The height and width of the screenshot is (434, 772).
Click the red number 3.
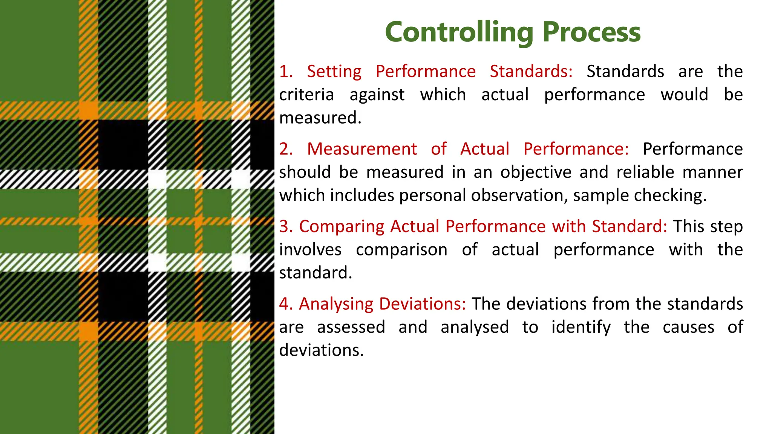(x=286, y=227)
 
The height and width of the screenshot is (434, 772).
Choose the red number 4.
(x=286, y=304)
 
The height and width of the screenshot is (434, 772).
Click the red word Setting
(x=334, y=72)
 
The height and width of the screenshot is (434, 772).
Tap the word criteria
(x=306, y=95)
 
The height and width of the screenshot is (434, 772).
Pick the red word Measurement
(x=362, y=149)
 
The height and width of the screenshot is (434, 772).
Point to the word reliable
(x=645, y=172)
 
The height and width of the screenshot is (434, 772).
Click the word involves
(x=310, y=250)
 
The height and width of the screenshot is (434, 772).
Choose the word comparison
(x=401, y=250)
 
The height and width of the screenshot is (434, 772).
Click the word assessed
(x=351, y=327)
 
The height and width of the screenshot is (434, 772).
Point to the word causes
(x=688, y=327)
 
